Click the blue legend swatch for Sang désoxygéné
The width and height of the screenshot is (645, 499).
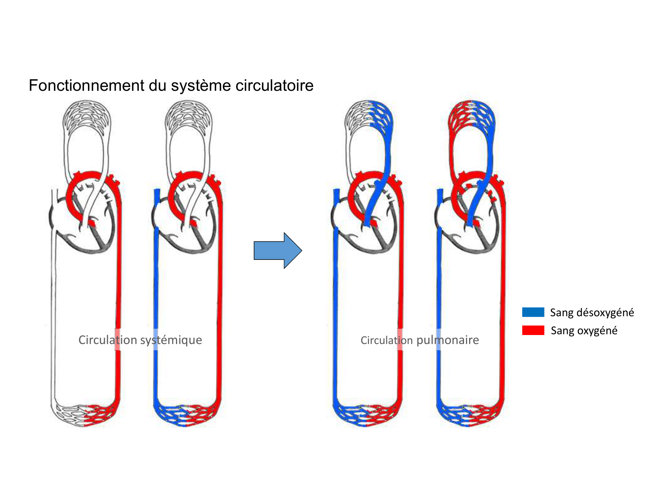(x=533, y=312)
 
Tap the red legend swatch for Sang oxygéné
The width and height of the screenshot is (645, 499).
(x=533, y=330)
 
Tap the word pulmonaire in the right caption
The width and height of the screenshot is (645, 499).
(x=448, y=340)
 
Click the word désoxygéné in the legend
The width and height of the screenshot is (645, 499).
(x=605, y=312)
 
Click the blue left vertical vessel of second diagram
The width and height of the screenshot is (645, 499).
(x=156, y=294)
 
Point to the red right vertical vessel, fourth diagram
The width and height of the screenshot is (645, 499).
(x=502, y=294)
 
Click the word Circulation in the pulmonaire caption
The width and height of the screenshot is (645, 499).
(x=386, y=340)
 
